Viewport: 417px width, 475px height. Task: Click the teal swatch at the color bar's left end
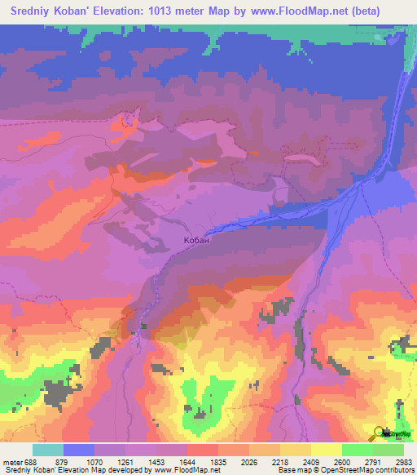point(47,450)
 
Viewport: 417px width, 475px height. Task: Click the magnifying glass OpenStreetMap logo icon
point(380,433)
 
